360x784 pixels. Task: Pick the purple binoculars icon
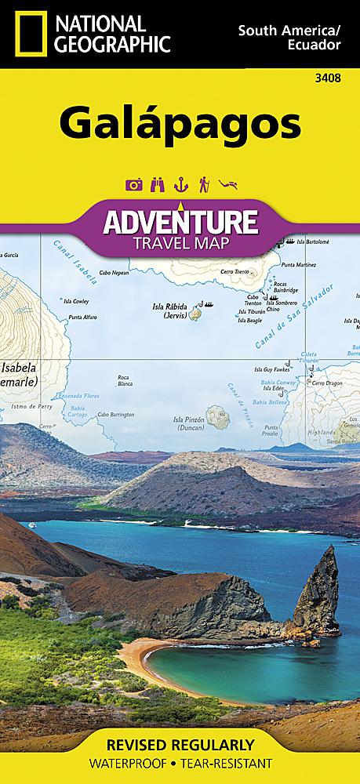click(x=157, y=163)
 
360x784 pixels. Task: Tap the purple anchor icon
click(x=180, y=163)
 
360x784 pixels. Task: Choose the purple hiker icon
click(x=203, y=163)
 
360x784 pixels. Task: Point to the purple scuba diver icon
click(x=227, y=163)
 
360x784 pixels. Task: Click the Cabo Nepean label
click(x=115, y=273)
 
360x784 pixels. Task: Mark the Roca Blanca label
click(x=123, y=380)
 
